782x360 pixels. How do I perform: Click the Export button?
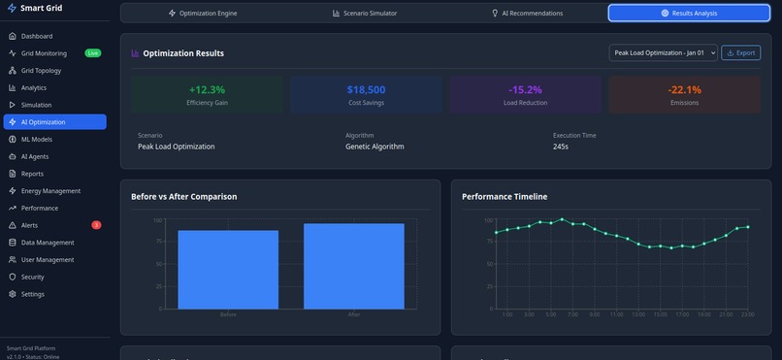point(741,52)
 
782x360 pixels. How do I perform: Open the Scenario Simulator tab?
point(364,14)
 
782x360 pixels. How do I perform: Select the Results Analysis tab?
point(689,14)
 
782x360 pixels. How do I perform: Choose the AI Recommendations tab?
point(527,14)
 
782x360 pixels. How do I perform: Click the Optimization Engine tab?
point(203,14)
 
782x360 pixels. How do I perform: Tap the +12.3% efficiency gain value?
point(208,89)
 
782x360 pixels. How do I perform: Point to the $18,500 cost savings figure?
point(367,89)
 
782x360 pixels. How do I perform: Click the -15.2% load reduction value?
point(525,89)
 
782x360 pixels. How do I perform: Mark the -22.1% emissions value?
point(684,89)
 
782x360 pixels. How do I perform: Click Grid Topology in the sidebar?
point(41,71)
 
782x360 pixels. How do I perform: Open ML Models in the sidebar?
point(37,140)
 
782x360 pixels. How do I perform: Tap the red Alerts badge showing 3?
point(96,225)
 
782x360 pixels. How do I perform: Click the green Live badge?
point(92,53)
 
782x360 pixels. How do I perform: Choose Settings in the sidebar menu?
point(33,294)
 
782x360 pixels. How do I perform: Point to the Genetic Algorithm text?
point(375,147)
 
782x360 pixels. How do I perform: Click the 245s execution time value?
point(561,147)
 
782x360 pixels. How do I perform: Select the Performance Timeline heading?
point(505,196)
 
